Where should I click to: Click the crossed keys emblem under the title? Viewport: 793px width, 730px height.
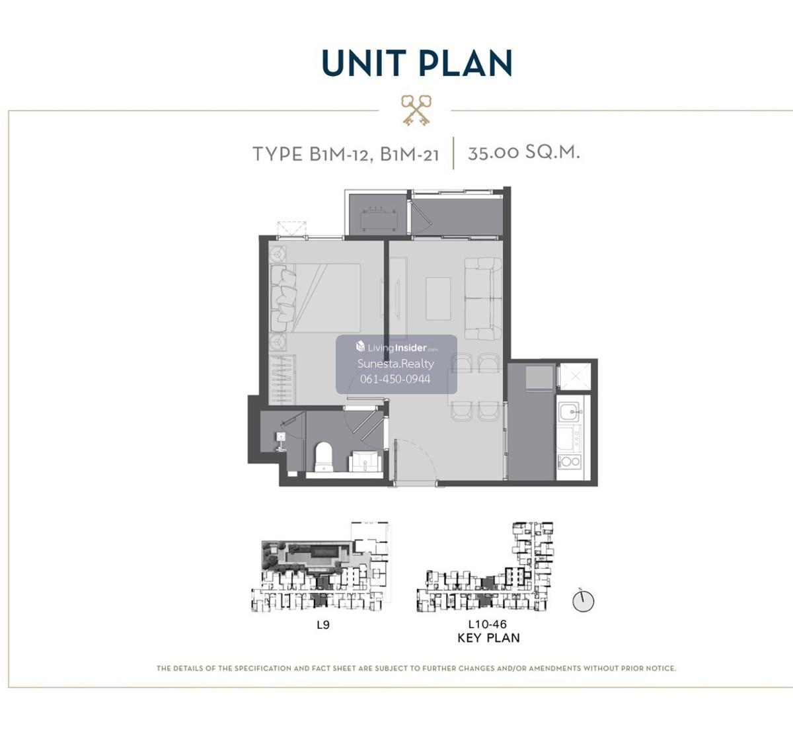point(416,110)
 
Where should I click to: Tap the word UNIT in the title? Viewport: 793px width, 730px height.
point(364,63)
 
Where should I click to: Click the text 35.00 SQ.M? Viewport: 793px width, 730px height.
point(524,152)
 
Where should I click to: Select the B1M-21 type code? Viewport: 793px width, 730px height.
point(410,154)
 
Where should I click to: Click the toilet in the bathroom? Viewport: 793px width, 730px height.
point(324,457)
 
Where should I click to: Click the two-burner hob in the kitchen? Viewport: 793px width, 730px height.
point(569,462)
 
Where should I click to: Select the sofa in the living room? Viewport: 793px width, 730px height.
point(483,298)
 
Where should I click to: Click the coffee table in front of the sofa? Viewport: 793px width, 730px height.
point(438,299)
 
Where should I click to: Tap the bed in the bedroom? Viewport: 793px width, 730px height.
point(315,298)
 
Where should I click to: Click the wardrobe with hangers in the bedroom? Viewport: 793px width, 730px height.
point(282,380)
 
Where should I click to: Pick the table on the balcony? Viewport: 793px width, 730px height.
point(378,220)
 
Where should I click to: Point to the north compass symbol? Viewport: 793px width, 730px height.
point(583,601)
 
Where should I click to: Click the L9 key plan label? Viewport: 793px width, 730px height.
point(323,625)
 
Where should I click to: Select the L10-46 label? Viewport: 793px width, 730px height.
point(488,624)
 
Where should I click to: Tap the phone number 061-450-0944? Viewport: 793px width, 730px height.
point(395,379)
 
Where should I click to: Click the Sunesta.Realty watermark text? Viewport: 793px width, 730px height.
point(396,364)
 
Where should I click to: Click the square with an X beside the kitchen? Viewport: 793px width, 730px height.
point(576,376)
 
